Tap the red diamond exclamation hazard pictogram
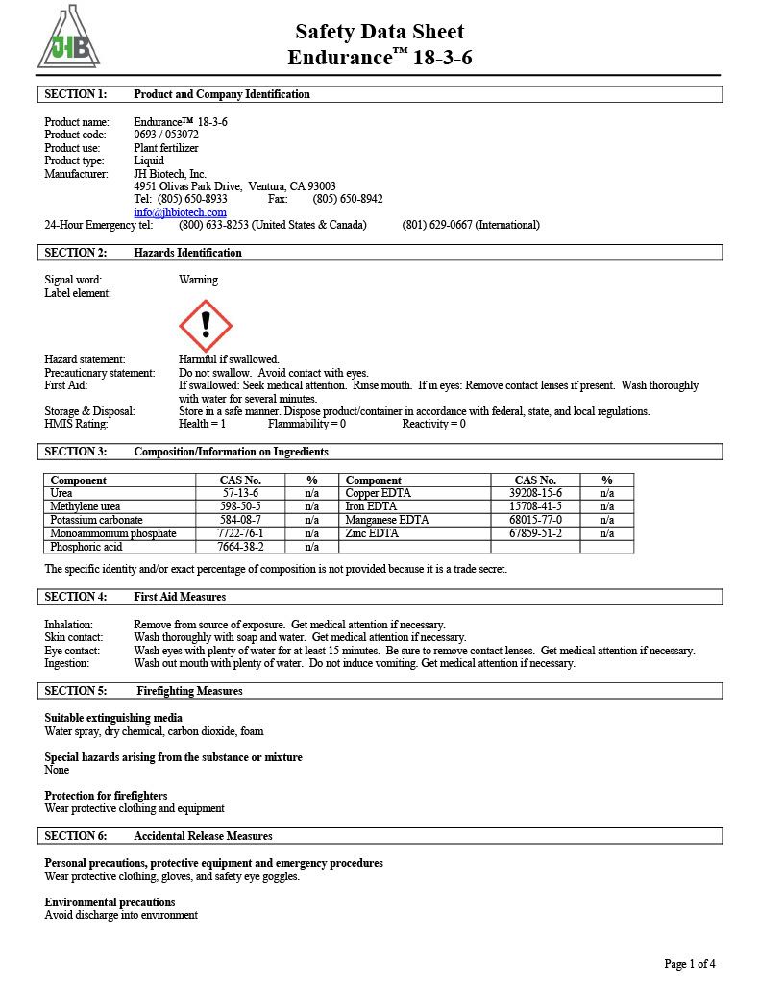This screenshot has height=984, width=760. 206,326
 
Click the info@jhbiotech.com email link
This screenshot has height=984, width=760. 181,212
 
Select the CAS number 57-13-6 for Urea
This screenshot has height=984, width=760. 240,493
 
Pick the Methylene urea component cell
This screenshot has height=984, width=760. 86,506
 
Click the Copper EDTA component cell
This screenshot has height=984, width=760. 378,493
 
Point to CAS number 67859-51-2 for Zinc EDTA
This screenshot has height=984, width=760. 535,533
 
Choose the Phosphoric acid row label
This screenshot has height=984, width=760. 86,547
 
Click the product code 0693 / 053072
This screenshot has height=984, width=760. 166,135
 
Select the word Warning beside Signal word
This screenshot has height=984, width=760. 198,280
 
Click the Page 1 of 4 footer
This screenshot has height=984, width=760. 689,963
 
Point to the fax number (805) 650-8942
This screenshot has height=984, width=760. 347,199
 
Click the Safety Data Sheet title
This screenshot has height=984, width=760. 380,32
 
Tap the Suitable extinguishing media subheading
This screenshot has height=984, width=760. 113,718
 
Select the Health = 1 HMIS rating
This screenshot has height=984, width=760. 203,424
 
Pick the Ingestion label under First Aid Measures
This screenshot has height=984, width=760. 67,663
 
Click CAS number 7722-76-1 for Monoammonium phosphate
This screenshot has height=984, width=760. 240,533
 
